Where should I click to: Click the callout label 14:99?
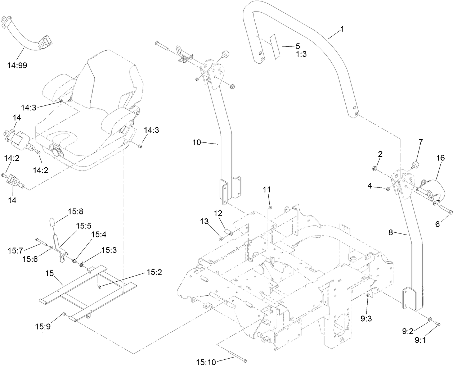tap(17, 65)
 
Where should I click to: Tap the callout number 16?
tap(440, 158)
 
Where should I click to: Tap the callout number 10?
tap(197, 142)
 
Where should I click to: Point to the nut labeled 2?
tap(375, 168)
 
